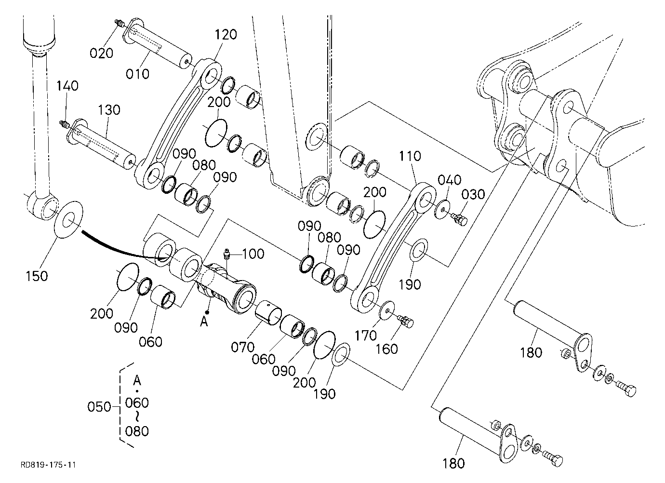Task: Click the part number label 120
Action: tap(226, 35)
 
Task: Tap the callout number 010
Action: tap(137, 74)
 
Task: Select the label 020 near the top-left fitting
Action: tap(102, 53)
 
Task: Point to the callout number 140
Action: tap(67, 86)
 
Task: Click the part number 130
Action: tap(109, 110)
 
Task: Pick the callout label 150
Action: tap(37, 276)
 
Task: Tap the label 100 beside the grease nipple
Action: tap(253, 254)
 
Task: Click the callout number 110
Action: tap(410, 156)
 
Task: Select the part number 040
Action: tap(450, 180)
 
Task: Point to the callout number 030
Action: tap(473, 195)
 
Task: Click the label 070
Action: tap(242, 347)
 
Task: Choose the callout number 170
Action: tap(366, 335)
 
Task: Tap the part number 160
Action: tap(386, 349)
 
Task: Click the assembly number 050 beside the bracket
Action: tap(99, 407)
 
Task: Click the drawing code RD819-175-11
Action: tap(48, 465)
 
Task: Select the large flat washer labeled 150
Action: tap(69, 219)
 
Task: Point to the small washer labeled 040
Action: tap(443, 209)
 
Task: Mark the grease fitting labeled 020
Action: tap(119, 23)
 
